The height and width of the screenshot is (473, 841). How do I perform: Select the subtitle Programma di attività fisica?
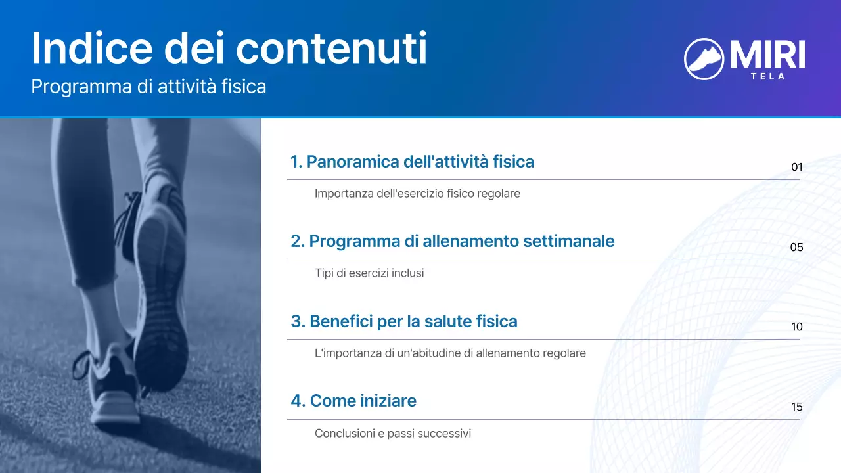(148, 87)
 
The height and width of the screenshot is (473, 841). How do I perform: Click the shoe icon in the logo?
(704, 58)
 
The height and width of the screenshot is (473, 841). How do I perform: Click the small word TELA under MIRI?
(767, 76)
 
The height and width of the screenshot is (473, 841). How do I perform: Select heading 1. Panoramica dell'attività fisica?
(412, 162)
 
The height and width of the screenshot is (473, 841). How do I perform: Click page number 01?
(796, 168)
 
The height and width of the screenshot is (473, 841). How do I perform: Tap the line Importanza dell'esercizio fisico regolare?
(417, 194)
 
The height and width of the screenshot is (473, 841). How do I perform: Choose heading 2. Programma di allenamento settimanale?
(452, 241)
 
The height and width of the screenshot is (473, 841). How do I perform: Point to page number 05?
(796, 248)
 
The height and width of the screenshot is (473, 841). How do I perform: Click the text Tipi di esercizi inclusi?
(369, 273)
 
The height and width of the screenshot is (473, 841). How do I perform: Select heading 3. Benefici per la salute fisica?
(403, 321)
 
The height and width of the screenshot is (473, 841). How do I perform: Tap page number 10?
(796, 327)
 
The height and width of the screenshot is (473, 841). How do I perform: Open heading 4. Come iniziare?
(353, 401)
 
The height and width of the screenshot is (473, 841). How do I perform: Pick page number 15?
(796, 407)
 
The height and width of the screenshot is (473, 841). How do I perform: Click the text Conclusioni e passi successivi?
(392, 434)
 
